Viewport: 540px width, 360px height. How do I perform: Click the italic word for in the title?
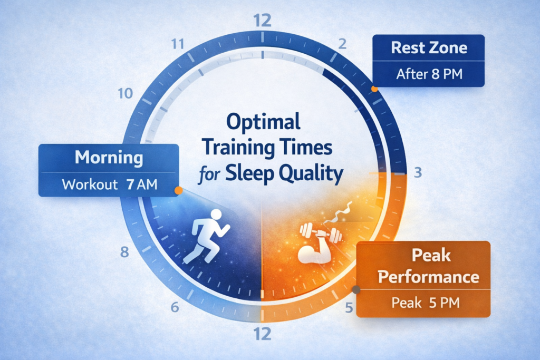(x=208, y=176)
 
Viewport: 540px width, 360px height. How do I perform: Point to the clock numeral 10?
(x=126, y=94)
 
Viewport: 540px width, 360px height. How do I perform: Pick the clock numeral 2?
(x=342, y=44)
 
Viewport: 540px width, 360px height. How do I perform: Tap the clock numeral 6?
(x=176, y=307)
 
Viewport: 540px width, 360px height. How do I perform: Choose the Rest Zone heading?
(x=429, y=48)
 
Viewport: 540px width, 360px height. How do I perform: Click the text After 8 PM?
(x=429, y=74)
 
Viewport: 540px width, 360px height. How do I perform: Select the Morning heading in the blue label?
(x=109, y=158)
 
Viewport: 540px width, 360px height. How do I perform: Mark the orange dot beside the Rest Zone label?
(x=374, y=89)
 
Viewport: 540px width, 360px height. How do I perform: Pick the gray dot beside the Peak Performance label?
(x=356, y=289)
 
